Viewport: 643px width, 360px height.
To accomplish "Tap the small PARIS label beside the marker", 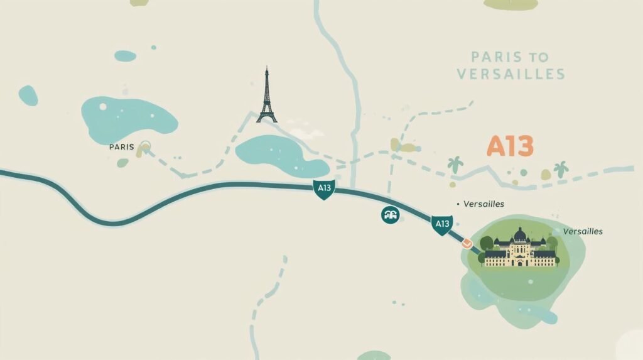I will click(x=121, y=147).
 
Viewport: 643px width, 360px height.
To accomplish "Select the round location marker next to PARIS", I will click(x=146, y=147).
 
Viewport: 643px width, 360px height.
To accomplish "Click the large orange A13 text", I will click(x=510, y=146).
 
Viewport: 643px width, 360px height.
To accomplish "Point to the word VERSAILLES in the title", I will click(x=511, y=74).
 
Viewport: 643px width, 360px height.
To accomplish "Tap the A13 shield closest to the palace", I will click(x=442, y=224).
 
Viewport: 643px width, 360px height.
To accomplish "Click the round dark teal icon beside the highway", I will click(x=390, y=215).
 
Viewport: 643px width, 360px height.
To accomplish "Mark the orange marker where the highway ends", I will click(x=466, y=242).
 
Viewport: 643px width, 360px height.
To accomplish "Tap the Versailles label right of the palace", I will click(x=583, y=231).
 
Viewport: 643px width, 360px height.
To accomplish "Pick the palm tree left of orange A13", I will click(x=455, y=165).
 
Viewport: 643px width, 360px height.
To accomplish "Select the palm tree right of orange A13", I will click(x=560, y=168).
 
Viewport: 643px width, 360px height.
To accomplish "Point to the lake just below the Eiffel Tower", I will click(x=281, y=155).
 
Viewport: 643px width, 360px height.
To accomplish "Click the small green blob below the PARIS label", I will click(x=122, y=163).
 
